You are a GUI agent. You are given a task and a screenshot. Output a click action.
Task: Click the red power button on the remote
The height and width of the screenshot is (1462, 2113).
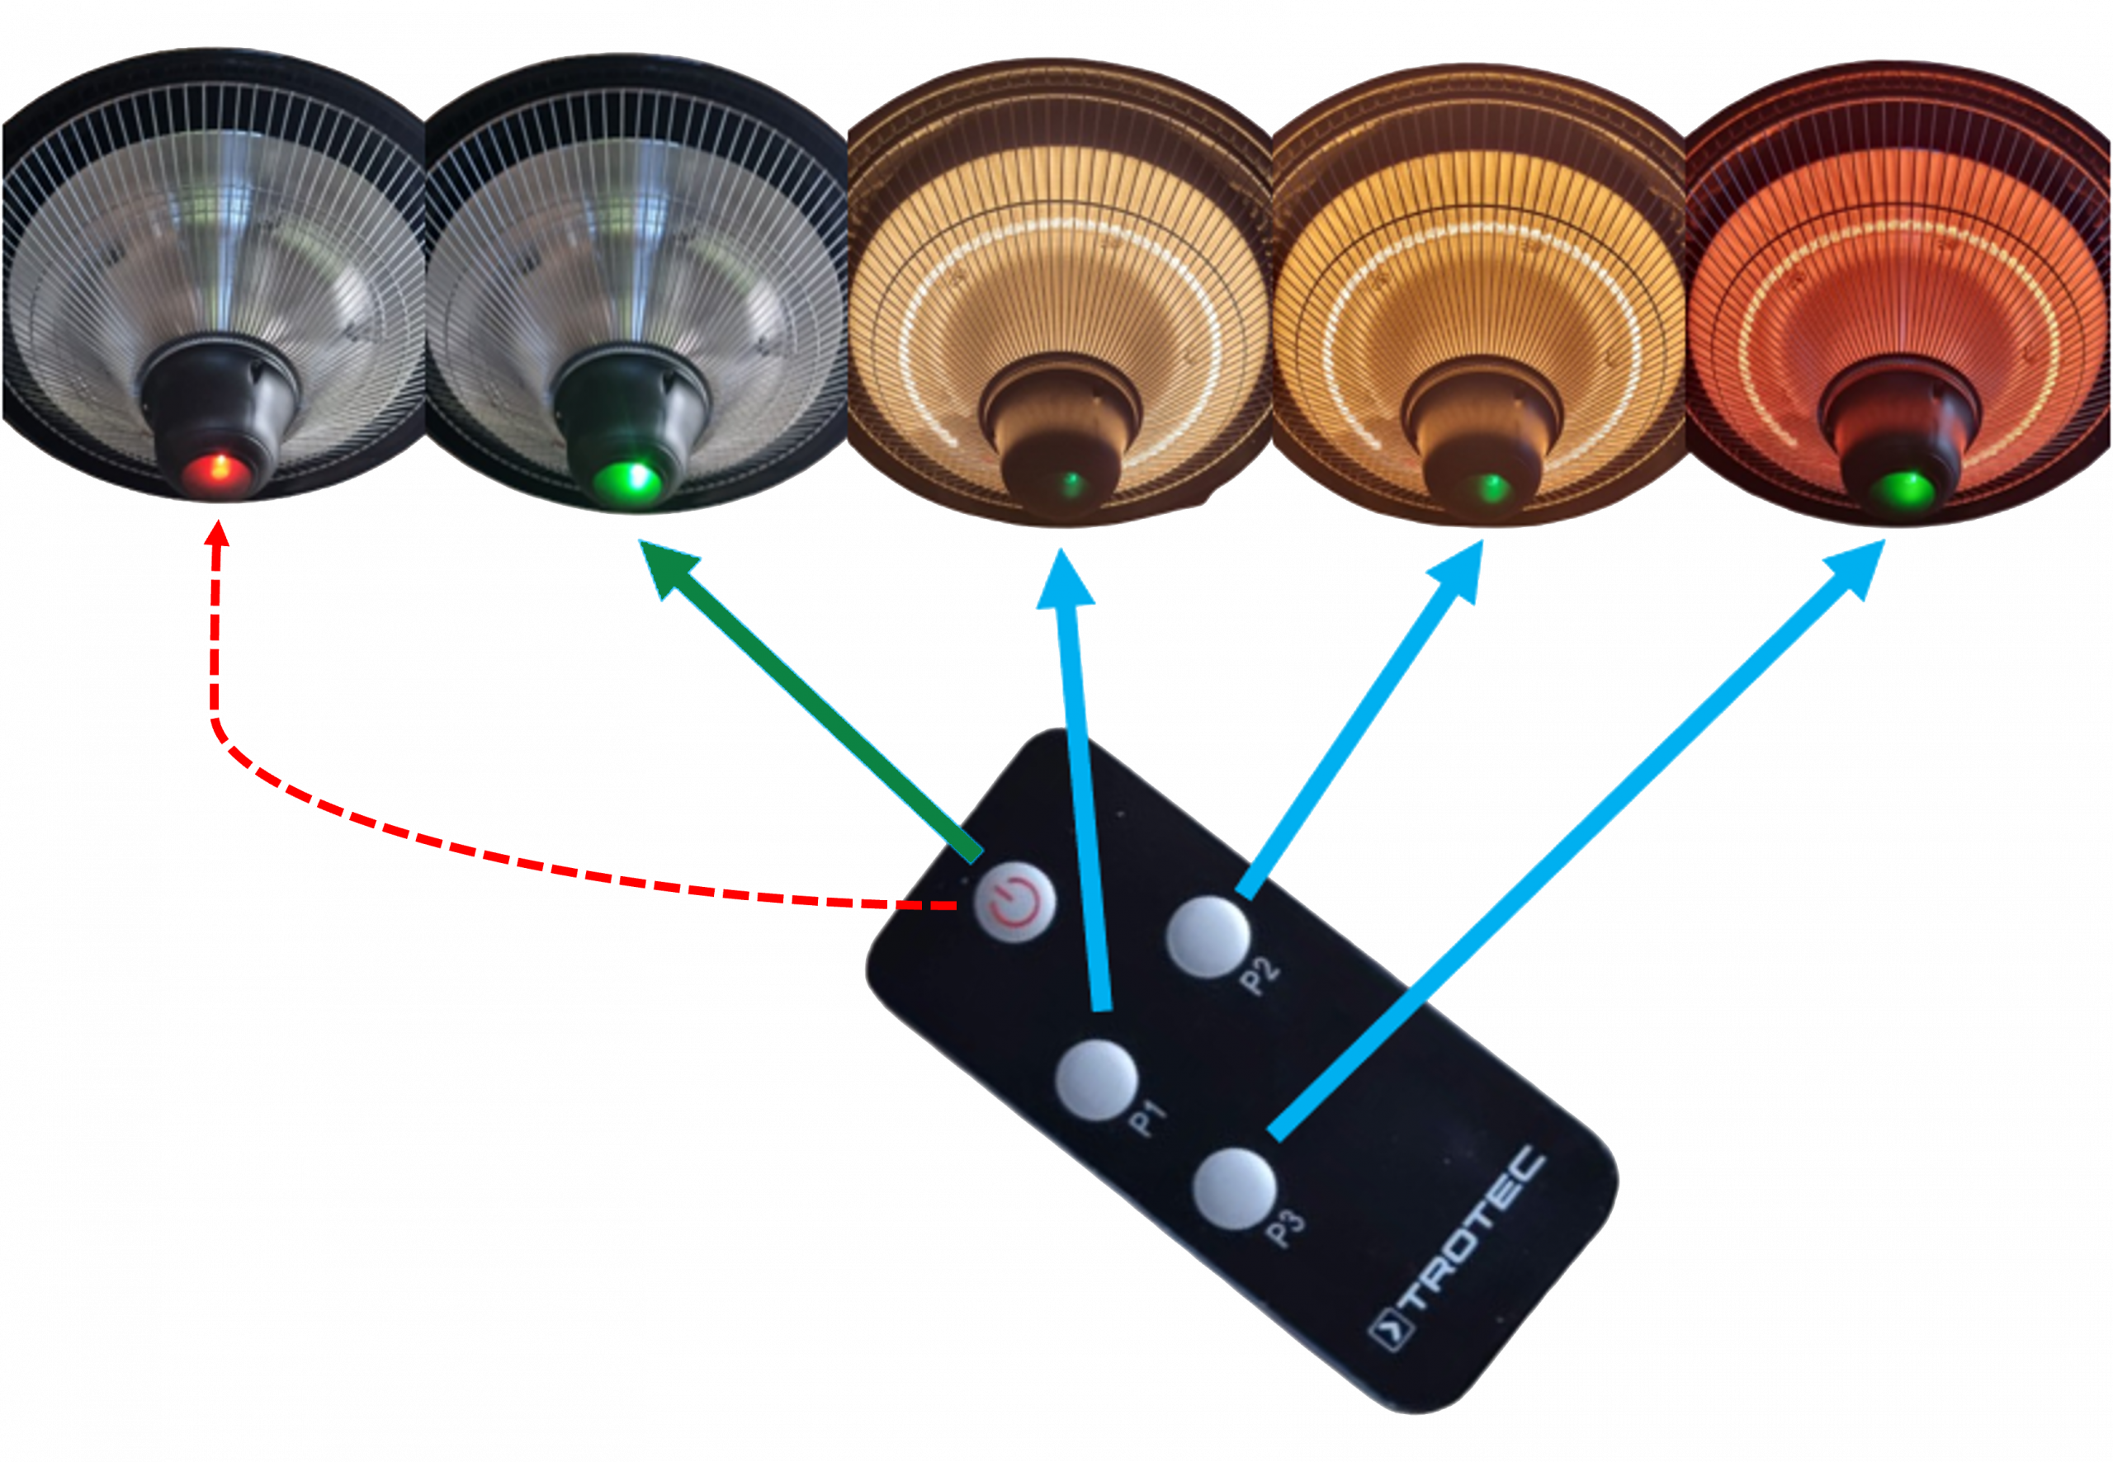(1014, 903)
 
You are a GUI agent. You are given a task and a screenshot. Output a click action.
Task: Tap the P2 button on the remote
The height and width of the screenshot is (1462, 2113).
(1206, 937)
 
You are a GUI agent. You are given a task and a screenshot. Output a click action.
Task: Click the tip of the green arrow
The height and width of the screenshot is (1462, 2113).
(641, 542)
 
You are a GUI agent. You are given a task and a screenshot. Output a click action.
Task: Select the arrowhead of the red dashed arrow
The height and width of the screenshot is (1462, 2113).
(216, 526)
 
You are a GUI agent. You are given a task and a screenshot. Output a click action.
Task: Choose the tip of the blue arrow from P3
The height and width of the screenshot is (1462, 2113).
(1884, 541)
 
